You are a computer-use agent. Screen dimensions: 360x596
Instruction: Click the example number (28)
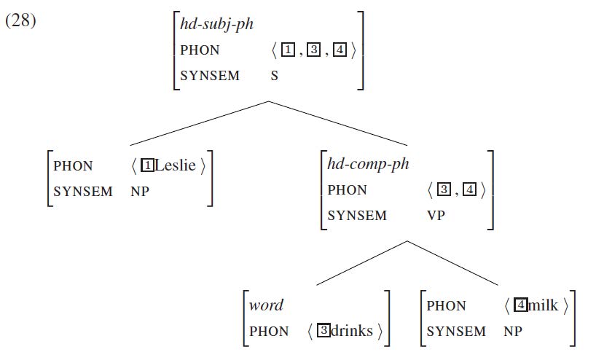[20, 20]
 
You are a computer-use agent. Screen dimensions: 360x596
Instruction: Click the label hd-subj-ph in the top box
[216, 24]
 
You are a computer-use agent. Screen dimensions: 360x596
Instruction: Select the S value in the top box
[275, 76]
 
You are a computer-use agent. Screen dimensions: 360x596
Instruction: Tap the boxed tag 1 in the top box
[287, 51]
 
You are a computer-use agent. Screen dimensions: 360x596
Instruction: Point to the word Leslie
[175, 165]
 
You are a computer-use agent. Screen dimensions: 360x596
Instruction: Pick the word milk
[543, 305]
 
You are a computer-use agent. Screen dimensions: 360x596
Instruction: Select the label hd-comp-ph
[368, 164]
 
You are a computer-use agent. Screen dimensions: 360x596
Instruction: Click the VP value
[436, 216]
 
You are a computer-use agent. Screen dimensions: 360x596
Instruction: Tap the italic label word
[266, 305]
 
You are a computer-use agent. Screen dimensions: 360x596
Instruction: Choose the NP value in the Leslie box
[140, 192]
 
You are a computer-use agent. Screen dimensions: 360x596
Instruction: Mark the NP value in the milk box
[513, 332]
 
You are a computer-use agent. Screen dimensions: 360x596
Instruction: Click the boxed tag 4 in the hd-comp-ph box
[470, 190]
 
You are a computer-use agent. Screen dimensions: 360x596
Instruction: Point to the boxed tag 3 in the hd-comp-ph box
[444, 190]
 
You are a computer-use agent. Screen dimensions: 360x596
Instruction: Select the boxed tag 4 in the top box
[340, 51]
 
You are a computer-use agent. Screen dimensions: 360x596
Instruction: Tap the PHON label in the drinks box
[270, 332]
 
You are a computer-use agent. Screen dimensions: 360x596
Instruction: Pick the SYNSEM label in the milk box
[456, 332]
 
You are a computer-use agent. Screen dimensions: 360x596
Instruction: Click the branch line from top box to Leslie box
[197, 124]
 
